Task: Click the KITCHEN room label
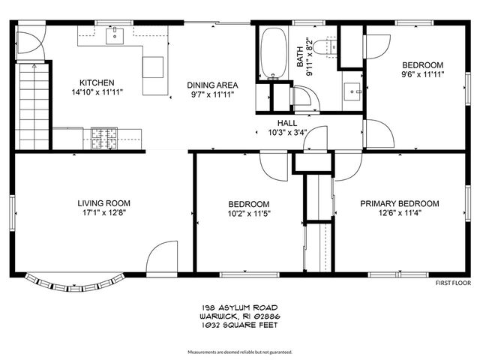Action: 97,82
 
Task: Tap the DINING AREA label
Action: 212,85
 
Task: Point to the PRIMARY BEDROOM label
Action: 400,203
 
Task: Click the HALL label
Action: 287,123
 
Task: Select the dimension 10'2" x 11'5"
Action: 249,214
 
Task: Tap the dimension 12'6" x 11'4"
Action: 400,213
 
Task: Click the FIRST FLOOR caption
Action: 453,283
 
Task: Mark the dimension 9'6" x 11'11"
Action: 421,75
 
